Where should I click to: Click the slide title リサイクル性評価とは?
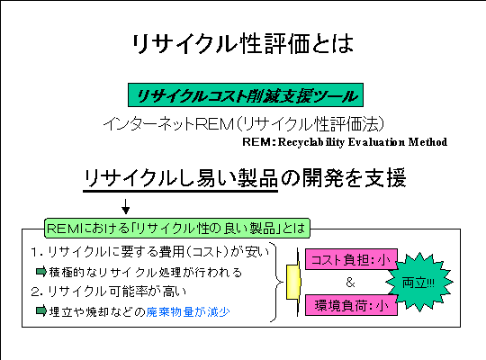pyautogui.click(x=243, y=44)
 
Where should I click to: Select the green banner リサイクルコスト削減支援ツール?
pyautogui.click(x=246, y=94)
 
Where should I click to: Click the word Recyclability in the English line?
pyautogui.click(x=311, y=142)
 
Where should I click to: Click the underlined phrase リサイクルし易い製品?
pyautogui.click(x=180, y=179)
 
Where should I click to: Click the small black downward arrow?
pyautogui.click(x=125, y=206)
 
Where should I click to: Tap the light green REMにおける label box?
pyautogui.click(x=177, y=229)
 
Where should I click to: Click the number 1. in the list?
pyautogui.click(x=37, y=252)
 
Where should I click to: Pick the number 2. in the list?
pyautogui.click(x=37, y=292)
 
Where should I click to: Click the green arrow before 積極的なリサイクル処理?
pyautogui.click(x=41, y=272)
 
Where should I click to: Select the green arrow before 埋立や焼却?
pyautogui.click(x=41, y=310)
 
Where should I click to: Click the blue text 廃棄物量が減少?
pyautogui.click(x=188, y=311)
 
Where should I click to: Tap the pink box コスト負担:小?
pyautogui.click(x=351, y=259)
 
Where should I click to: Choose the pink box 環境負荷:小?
pyautogui.click(x=351, y=305)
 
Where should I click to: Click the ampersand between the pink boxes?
pyautogui.click(x=351, y=283)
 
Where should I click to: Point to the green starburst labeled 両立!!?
pyautogui.click(x=419, y=283)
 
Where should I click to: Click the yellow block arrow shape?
pyautogui.click(x=293, y=283)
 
